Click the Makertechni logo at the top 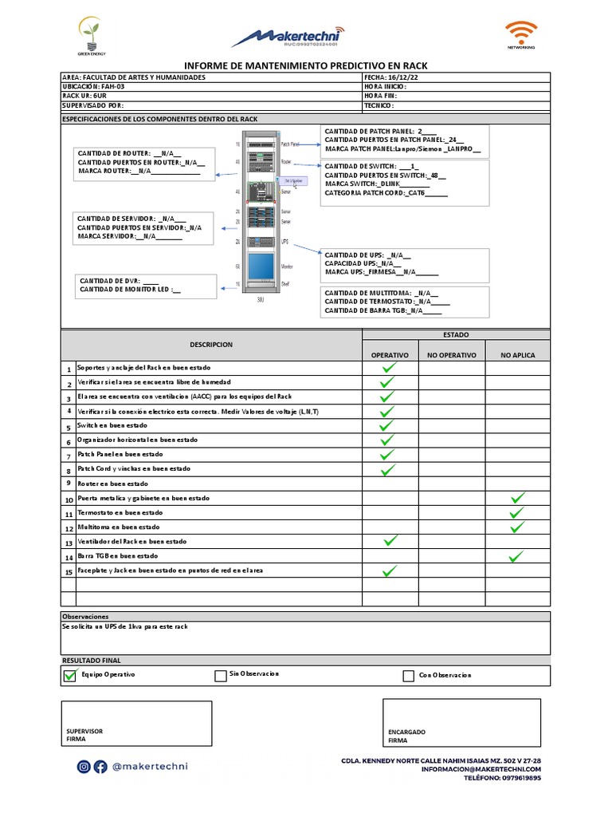[289, 37]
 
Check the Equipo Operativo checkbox [69, 676]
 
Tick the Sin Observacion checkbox [221, 677]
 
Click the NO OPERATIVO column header [451, 355]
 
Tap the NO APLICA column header [518, 355]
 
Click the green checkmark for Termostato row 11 [518, 513]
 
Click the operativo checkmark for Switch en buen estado [388, 426]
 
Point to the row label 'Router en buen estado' [112, 483]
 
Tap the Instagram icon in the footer [84, 767]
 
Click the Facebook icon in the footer [100, 767]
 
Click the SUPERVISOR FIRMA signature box [136, 724]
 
